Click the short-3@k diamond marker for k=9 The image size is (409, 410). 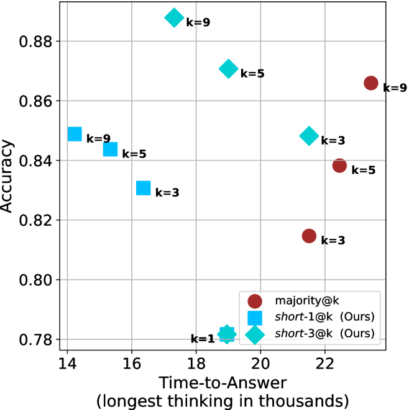(x=174, y=18)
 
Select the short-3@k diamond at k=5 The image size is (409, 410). (x=229, y=69)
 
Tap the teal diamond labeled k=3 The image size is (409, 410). (x=309, y=136)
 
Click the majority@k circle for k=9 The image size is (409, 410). (x=371, y=83)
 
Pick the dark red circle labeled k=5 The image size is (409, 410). (x=339, y=165)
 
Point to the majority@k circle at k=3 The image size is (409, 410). (x=309, y=236)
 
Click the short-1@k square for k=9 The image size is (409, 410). (x=75, y=134)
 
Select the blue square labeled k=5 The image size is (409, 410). (x=110, y=149)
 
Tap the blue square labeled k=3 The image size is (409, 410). (x=144, y=188)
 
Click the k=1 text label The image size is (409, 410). (x=202, y=339)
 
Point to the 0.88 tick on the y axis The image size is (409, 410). (x=45, y=42)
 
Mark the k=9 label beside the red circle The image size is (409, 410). (x=395, y=88)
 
